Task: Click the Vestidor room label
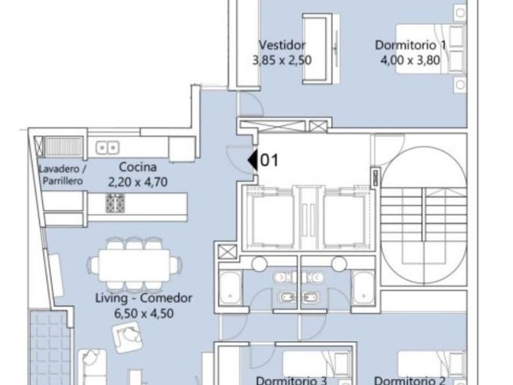click(282, 45)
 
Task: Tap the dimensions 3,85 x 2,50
click(282, 61)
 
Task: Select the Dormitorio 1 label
click(410, 45)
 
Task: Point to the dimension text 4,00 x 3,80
click(410, 61)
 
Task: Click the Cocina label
click(138, 167)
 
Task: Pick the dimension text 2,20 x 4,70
click(138, 182)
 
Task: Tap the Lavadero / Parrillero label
click(62, 175)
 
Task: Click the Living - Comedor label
click(144, 298)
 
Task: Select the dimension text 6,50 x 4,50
click(144, 313)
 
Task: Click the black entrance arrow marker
click(253, 160)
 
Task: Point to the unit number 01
click(269, 160)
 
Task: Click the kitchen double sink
click(107, 148)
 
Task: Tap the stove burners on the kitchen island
click(115, 204)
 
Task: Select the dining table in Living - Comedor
click(134, 265)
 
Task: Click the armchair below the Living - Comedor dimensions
click(127, 337)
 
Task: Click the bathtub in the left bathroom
click(231, 288)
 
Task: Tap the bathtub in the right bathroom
click(364, 288)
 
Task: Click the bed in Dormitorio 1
click(431, 49)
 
